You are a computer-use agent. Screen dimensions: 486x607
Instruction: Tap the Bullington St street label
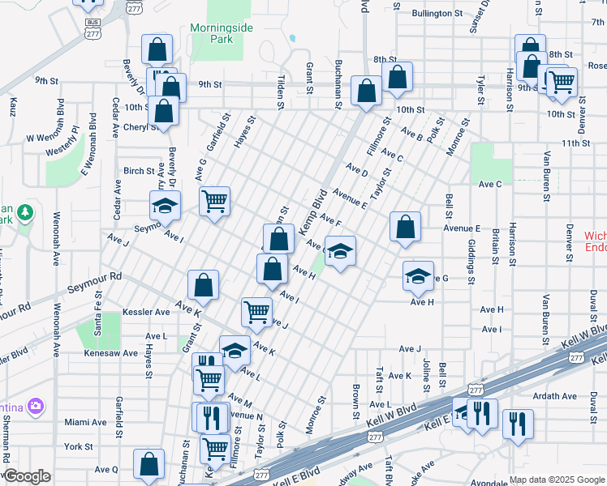click(437, 13)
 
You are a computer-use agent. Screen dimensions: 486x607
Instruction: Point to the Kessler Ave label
click(146, 312)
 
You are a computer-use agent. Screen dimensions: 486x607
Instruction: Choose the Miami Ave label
click(86, 422)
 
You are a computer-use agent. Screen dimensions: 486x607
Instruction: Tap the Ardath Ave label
click(555, 396)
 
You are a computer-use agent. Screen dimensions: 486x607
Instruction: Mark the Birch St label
click(139, 171)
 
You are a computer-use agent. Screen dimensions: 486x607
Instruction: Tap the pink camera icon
click(35, 406)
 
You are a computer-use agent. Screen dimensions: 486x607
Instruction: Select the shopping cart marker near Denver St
click(560, 81)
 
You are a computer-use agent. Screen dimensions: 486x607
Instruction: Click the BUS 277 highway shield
click(93, 28)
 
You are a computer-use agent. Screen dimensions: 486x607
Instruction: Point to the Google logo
click(27, 476)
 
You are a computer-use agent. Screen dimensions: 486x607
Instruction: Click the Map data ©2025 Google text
click(556, 480)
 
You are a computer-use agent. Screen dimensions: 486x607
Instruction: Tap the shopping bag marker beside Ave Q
click(149, 464)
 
